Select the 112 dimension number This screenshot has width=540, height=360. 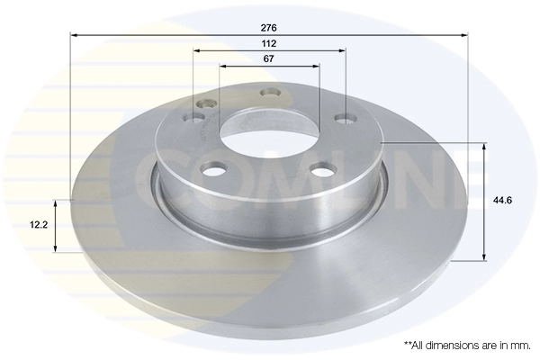pyautogui.click(x=269, y=43)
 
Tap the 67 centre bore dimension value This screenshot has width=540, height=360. pyautogui.click(x=269, y=58)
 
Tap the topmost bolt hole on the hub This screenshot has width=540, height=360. pyautogui.click(x=267, y=92)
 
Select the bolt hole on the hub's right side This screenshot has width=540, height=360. pyautogui.click(x=342, y=116)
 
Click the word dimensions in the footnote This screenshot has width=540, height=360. pyautogui.click(x=450, y=346)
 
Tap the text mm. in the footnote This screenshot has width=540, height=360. pyautogui.click(x=518, y=346)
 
